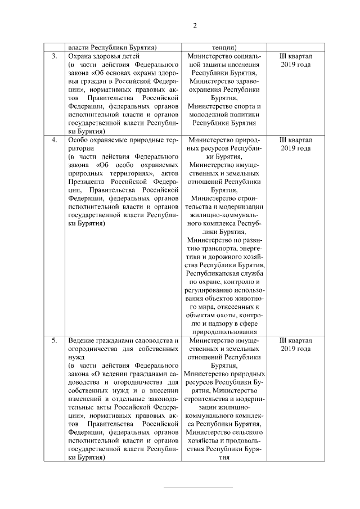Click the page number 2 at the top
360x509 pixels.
(x=195, y=25)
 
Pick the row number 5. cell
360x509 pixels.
(x=54, y=341)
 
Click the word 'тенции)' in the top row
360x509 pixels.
(x=224, y=47)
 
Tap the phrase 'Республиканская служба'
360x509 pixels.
(x=224, y=273)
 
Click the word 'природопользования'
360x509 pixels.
(x=224, y=332)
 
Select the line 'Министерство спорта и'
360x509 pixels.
(x=224, y=106)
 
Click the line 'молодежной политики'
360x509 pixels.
(x=224, y=115)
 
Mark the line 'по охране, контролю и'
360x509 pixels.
(x=224, y=282)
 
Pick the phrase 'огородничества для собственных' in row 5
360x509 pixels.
(x=123, y=349)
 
